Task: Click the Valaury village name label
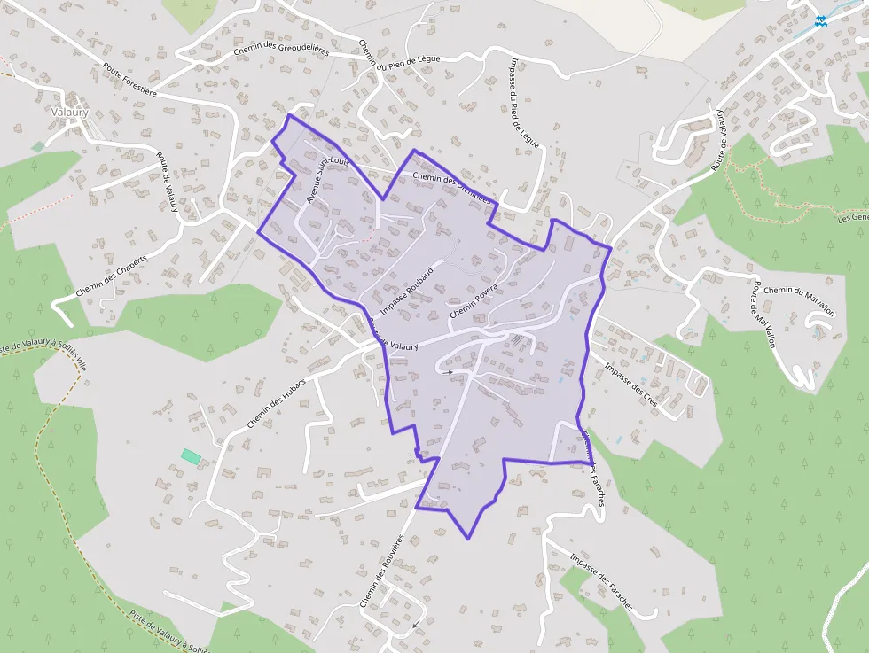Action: tap(70, 113)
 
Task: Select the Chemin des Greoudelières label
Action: tap(281, 50)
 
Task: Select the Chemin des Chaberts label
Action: tap(111, 276)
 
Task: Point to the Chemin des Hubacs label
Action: tap(276, 402)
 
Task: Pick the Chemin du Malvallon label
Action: tap(799, 302)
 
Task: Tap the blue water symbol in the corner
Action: tap(820, 19)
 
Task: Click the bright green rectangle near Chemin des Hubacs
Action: tap(191, 455)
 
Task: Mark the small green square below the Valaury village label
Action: tap(37, 145)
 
